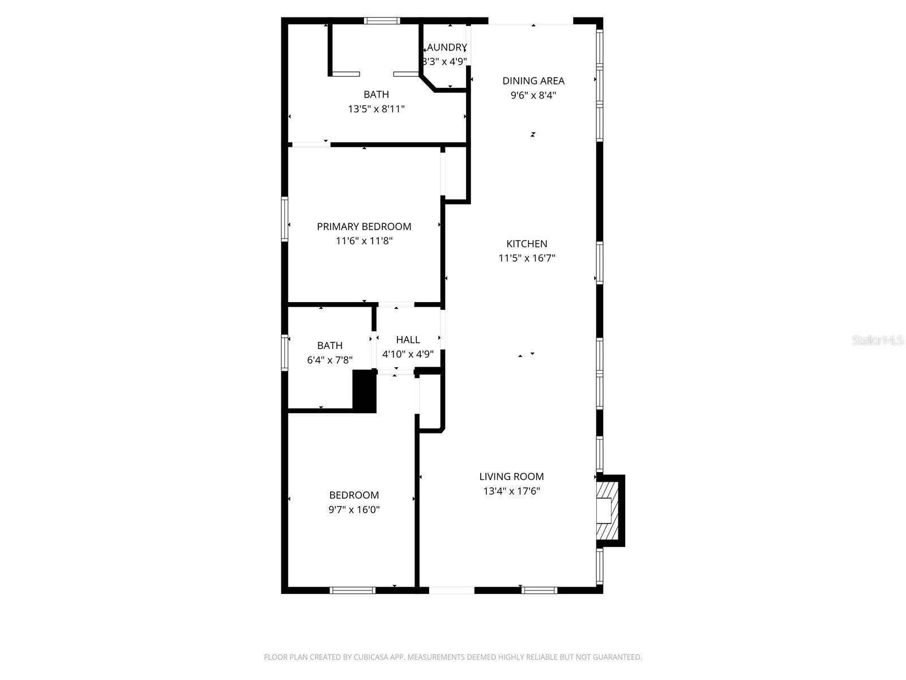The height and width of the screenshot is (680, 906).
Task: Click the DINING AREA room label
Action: [533, 80]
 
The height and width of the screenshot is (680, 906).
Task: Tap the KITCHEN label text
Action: [527, 244]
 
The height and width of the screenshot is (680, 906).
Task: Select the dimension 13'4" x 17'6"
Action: [511, 491]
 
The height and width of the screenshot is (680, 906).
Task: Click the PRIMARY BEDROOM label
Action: [364, 227]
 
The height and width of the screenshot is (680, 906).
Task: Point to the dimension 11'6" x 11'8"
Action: [364, 241]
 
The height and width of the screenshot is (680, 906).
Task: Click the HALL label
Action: [408, 339]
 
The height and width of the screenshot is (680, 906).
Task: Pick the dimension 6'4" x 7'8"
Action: [330, 360]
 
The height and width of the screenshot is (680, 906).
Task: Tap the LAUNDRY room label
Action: [447, 48]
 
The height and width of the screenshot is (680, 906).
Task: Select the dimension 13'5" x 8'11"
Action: [376, 109]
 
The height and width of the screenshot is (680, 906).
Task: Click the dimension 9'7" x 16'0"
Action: [354, 509]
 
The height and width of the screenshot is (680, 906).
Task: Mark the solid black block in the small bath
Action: [365, 391]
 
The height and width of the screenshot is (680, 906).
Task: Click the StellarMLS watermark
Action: [878, 340]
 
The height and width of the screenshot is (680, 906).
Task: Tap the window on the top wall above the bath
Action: [382, 21]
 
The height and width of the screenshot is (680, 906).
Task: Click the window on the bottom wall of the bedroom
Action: [352, 590]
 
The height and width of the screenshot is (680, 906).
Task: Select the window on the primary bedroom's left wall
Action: [285, 219]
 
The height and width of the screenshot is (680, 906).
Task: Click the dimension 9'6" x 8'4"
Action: [533, 95]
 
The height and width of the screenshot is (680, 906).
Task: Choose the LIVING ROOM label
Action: [511, 477]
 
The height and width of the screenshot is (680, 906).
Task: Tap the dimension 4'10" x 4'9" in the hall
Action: [408, 354]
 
